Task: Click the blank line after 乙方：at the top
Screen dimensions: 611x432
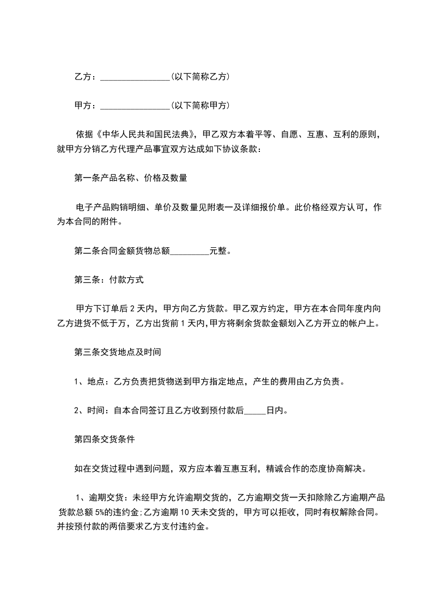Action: point(135,77)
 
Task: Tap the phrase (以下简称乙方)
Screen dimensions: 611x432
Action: point(200,77)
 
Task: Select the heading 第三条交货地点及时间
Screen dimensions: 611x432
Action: point(117,352)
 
